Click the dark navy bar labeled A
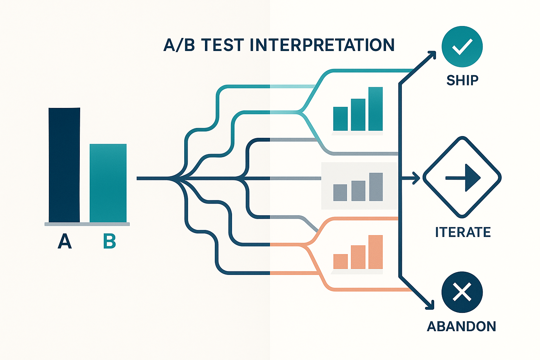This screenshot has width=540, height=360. point(64,165)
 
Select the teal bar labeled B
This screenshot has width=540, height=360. point(108,183)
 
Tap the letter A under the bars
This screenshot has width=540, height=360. point(65,241)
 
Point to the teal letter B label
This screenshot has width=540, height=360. point(109,241)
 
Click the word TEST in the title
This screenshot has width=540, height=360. point(222,45)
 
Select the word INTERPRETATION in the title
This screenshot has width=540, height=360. point(322,45)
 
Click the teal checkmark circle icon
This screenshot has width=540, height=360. point(462,46)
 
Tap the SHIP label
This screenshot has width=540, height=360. point(462,80)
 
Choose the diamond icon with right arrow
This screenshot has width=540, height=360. point(462,178)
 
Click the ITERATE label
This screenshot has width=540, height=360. point(463,232)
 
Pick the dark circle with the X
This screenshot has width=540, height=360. point(462,292)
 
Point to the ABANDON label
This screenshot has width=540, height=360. point(461,327)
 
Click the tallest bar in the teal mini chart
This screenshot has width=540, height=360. point(375,109)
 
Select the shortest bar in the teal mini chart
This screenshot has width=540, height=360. point(340,119)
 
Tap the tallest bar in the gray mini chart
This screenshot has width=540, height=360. point(376,187)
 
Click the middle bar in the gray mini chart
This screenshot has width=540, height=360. point(358,191)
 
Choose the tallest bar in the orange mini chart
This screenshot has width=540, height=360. point(375,252)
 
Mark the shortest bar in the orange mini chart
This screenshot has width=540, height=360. point(340,261)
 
